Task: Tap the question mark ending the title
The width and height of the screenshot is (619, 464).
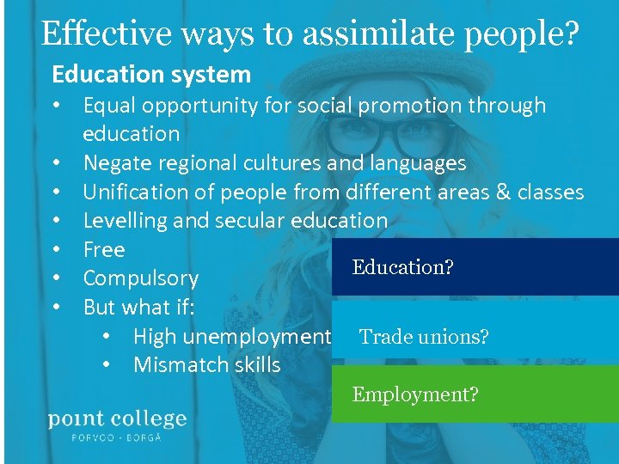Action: (x=571, y=34)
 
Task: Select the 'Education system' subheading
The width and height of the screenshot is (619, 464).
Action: (x=151, y=75)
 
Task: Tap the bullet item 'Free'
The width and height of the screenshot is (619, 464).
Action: (x=104, y=250)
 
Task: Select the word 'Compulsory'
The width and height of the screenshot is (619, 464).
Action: (x=141, y=278)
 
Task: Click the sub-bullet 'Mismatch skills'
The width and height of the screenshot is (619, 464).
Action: (x=207, y=365)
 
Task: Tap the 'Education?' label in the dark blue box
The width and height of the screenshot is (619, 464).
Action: (x=402, y=267)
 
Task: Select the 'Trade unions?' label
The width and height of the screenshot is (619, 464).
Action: (x=424, y=337)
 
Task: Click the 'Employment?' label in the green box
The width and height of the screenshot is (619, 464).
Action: (x=415, y=394)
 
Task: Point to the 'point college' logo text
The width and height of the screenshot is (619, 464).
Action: (x=117, y=419)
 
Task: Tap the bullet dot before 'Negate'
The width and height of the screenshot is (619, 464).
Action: (x=57, y=163)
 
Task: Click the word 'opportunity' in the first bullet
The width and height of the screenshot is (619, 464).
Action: (x=191, y=106)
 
